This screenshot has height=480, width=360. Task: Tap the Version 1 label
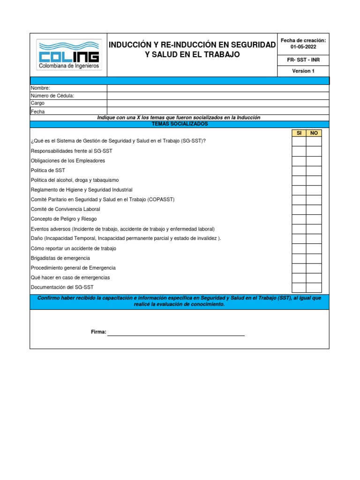[x=303, y=71]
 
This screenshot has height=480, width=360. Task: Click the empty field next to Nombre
[x=218, y=88]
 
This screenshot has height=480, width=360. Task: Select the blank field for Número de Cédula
[x=218, y=96]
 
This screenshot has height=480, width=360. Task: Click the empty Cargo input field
[x=218, y=103]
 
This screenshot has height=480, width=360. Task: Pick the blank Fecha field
[x=218, y=111]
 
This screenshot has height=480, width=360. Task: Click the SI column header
[x=299, y=133]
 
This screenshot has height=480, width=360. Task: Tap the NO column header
[x=314, y=133]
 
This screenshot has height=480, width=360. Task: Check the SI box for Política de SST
[x=299, y=171]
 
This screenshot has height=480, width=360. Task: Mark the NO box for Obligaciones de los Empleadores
[x=314, y=161]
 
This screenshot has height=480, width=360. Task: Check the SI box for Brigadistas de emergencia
[x=299, y=258]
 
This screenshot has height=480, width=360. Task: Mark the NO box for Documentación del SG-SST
[x=314, y=287]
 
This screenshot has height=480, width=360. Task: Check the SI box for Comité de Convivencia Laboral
[x=299, y=210]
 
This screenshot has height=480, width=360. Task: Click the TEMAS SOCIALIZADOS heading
[x=180, y=124]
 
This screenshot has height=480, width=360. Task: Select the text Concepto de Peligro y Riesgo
[x=64, y=219]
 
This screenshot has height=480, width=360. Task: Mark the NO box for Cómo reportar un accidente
[x=314, y=248]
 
